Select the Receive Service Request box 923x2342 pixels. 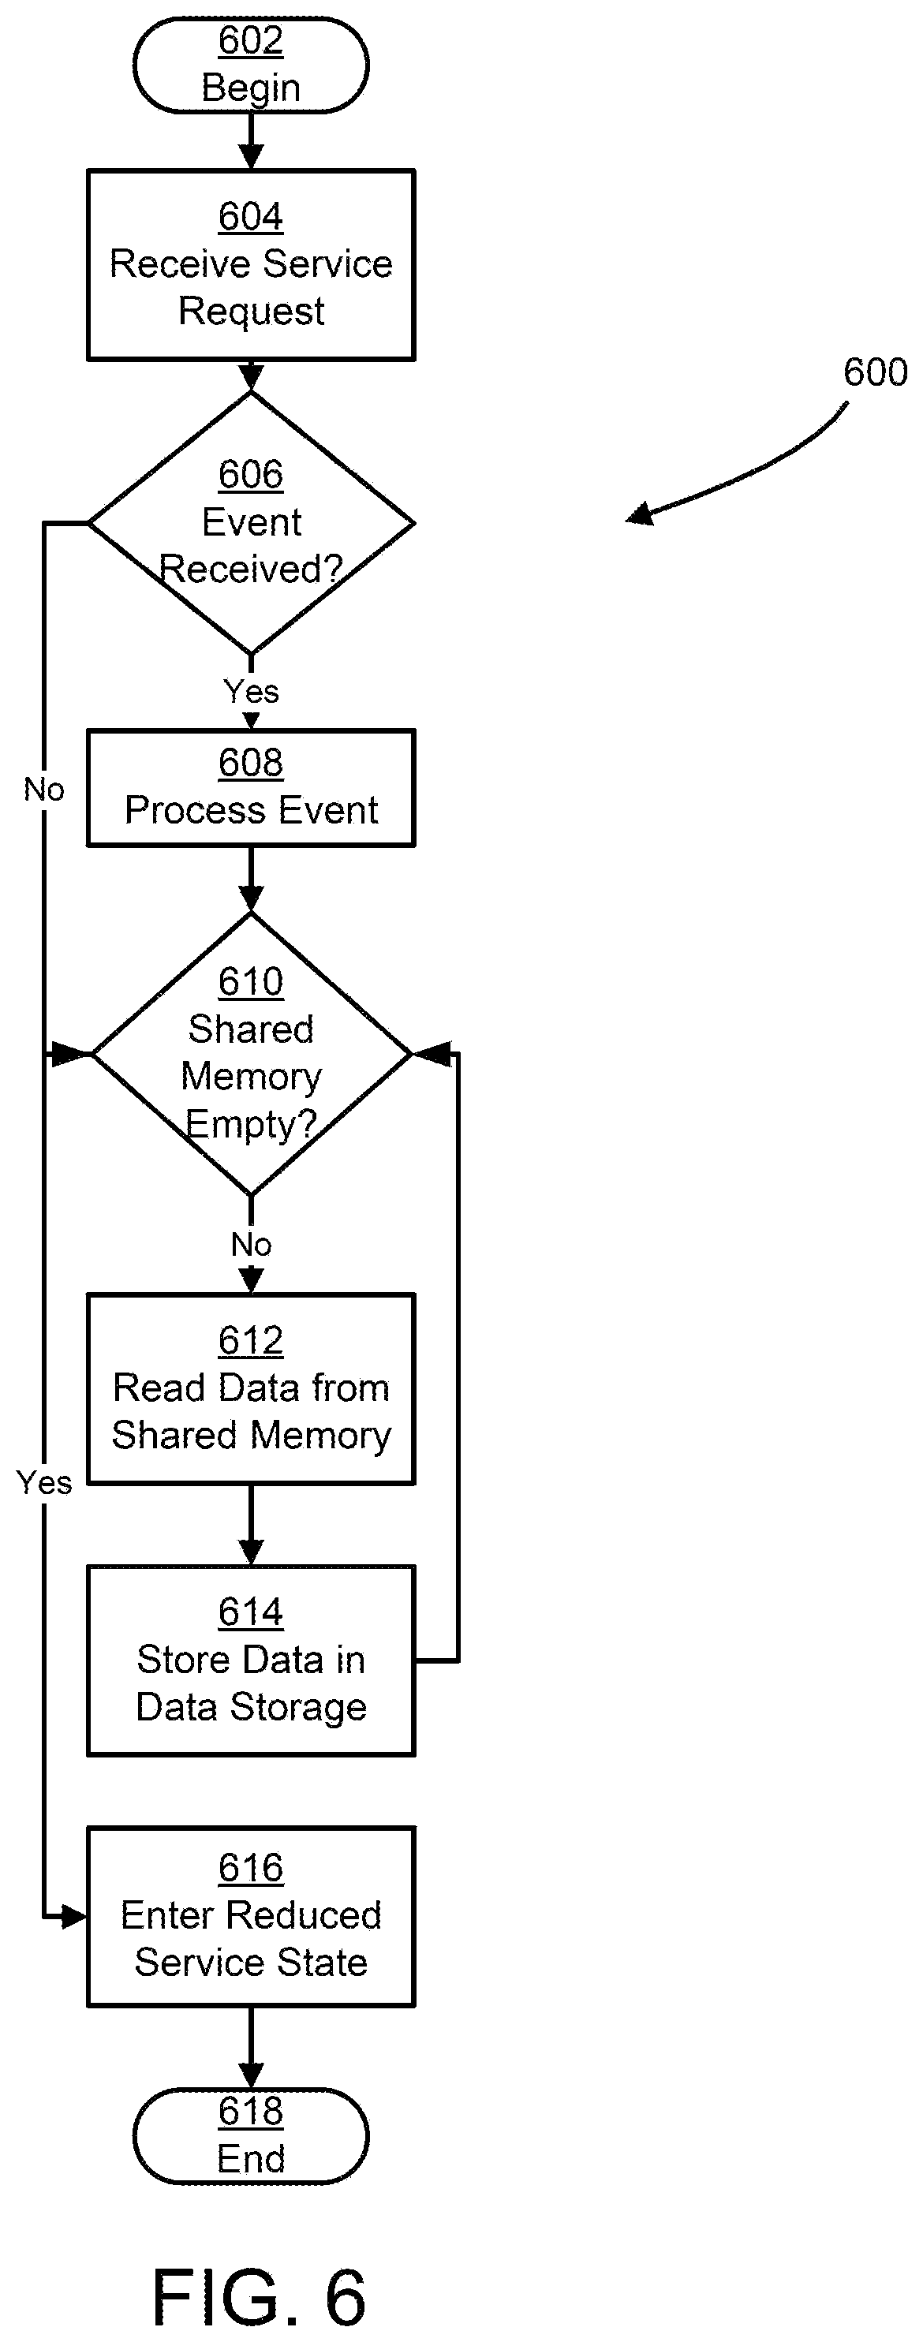(x=251, y=264)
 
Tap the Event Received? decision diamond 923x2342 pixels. (x=251, y=523)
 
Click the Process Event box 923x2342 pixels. (x=251, y=788)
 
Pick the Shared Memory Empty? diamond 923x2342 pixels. (x=251, y=1054)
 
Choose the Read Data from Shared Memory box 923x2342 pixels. (x=251, y=1389)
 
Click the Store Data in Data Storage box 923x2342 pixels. (x=251, y=1661)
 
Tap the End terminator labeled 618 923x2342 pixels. (x=251, y=2135)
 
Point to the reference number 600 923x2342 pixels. (x=875, y=372)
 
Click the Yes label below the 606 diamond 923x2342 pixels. (x=251, y=691)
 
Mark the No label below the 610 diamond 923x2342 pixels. (x=251, y=1244)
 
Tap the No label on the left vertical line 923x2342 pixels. (x=43, y=789)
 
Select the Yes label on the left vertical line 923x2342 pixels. (x=43, y=1483)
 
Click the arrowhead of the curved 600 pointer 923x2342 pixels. (x=639, y=514)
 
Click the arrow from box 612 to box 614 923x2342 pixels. (x=251, y=1526)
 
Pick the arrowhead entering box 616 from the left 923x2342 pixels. (x=75, y=1917)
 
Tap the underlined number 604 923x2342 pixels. (x=251, y=217)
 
